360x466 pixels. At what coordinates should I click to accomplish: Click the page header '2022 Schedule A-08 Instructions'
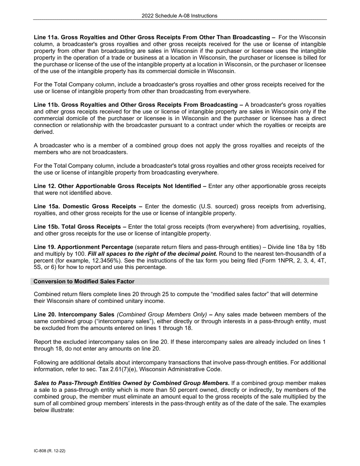coord(180,16)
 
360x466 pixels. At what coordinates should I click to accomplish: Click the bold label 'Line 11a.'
coord(46,37)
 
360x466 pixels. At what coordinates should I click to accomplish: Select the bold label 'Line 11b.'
coord(46,105)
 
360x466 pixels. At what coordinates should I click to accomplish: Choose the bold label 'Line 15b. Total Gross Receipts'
coord(80,227)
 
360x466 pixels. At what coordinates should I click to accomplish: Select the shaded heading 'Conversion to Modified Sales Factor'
coord(84,281)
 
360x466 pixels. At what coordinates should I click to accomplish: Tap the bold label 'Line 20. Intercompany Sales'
coord(74,314)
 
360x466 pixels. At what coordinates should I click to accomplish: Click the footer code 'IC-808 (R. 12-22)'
coord(49,451)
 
